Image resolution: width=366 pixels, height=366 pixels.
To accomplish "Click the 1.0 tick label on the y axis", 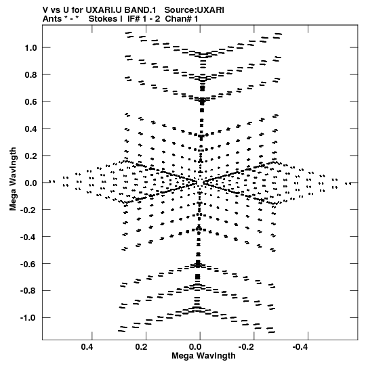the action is point(31,48).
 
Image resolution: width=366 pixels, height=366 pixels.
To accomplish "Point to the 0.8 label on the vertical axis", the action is point(31,75).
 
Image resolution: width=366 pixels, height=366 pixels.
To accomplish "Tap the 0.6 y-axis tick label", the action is point(31,101).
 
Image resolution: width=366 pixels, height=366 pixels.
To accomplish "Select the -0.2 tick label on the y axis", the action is point(28,210).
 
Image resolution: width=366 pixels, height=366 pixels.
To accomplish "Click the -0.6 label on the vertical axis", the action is point(28,264).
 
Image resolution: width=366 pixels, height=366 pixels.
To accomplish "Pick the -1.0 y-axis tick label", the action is point(28,318).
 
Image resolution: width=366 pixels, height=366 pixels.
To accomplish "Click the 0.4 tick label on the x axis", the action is point(87,347).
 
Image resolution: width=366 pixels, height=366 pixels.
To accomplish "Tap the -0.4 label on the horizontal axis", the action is point(301,347).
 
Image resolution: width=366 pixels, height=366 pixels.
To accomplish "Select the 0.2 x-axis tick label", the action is point(141,347).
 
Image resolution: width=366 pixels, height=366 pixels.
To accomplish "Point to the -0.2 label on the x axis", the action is point(247,347).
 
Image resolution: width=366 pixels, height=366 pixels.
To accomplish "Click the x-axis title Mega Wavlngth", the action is point(203,356).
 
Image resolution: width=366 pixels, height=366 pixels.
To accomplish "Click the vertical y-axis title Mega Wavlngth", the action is point(13,179).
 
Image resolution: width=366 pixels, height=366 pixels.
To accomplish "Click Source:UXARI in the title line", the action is point(194,10).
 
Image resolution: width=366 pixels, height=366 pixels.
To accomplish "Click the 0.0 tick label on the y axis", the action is point(31,183).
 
